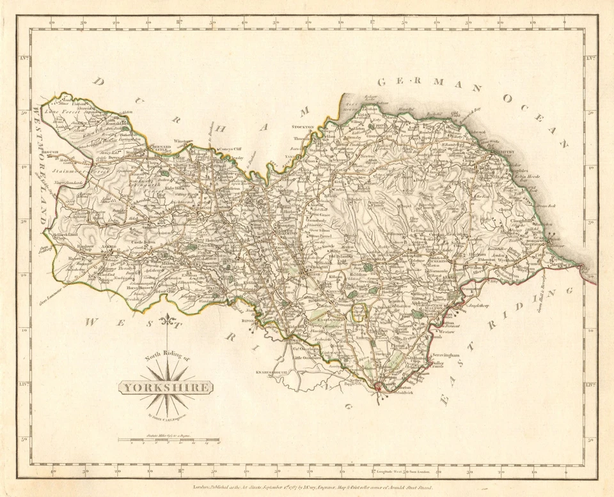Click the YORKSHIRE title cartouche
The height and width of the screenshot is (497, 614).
pyautogui.click(x=166, y=387)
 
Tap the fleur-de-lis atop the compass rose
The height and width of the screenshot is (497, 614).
pyautogui.click(x=168, y=319)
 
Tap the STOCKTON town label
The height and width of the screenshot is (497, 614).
pyautogui.click(x=303, y=127)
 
